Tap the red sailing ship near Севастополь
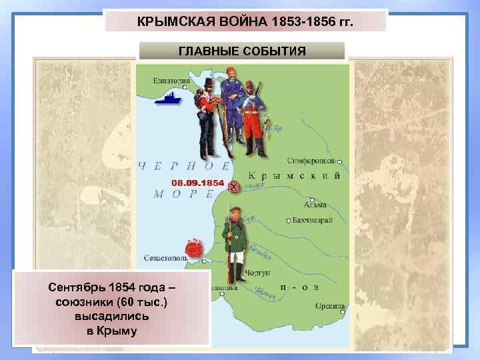point(191,248)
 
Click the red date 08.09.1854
point(197,182)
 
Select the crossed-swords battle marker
point(234,186)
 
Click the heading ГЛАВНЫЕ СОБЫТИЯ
point(242,51)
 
